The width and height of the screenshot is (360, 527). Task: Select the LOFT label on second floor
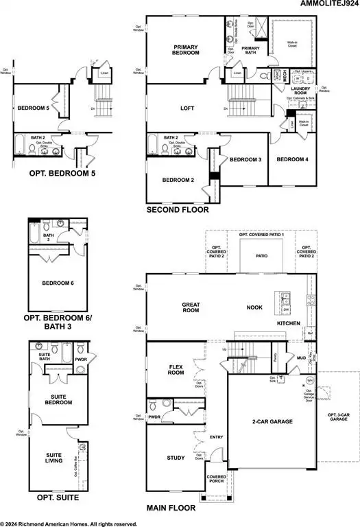183,108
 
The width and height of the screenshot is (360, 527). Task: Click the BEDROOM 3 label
245,159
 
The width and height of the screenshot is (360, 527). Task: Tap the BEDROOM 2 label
178,180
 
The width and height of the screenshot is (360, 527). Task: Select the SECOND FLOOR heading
178,210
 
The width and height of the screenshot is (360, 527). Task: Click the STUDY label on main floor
176,457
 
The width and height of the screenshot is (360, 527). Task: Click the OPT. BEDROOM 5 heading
53,173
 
